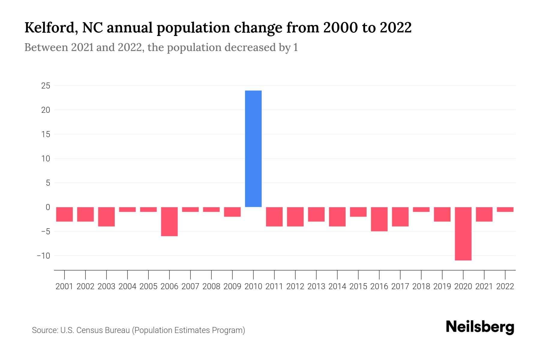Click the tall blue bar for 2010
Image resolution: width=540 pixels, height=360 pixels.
coord(253,148)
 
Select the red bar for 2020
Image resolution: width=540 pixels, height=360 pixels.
coord(463,233)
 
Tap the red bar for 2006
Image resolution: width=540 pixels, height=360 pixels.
coord(169,221)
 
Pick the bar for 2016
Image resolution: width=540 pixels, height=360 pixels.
coord(379,219)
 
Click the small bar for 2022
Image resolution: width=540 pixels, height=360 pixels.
coord(505,209)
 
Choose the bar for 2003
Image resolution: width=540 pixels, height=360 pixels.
coord(106,217)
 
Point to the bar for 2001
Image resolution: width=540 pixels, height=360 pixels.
coord(64,214)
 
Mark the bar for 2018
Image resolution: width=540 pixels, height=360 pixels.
coord(421,209)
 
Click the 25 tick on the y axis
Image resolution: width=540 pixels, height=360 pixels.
coord(46,86)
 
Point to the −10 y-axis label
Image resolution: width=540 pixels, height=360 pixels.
coord(43,256)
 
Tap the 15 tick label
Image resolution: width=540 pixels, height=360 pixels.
coord(46,134)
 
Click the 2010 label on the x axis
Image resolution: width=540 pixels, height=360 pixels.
coord(253,286)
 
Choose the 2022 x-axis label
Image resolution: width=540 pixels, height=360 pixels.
coord(505,286)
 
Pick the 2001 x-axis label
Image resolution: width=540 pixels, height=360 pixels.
coord(64,286)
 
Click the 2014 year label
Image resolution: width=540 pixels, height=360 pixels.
coord(337,286)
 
